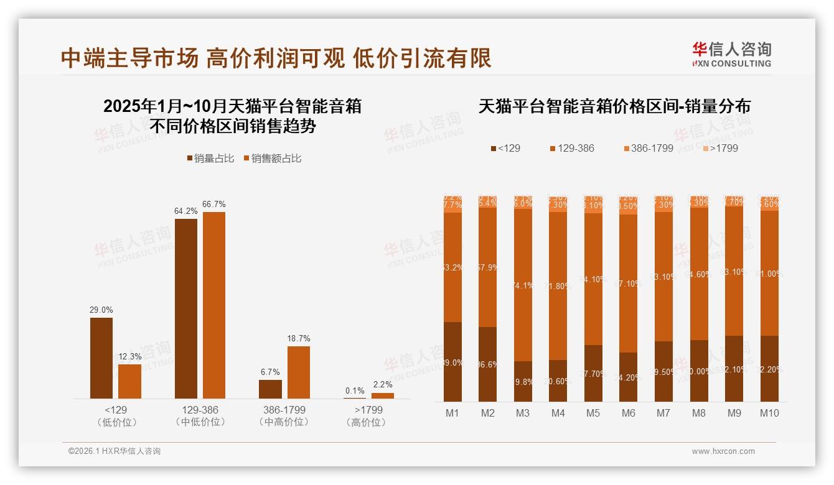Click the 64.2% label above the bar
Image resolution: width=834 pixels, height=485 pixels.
185,211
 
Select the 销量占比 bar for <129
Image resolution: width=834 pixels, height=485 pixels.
101,358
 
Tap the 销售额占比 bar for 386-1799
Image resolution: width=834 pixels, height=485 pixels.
299,372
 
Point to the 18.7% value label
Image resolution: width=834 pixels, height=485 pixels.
299,339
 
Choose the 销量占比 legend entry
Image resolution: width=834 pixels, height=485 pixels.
210,159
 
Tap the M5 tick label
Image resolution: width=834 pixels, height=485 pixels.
593,413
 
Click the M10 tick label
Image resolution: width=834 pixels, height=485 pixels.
769,413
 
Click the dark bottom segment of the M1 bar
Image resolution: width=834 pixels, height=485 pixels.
452,362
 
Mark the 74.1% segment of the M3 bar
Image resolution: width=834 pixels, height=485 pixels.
523,285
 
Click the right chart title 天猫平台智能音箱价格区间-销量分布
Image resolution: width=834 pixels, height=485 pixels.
614,106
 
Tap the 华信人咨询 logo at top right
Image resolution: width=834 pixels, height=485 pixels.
731,54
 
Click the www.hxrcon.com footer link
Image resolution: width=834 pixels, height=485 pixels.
723,451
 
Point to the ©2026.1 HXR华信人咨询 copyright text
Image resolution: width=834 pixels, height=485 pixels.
114,451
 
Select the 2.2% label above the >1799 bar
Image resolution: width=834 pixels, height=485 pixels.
383,386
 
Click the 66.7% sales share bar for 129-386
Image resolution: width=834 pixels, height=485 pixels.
214,305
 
